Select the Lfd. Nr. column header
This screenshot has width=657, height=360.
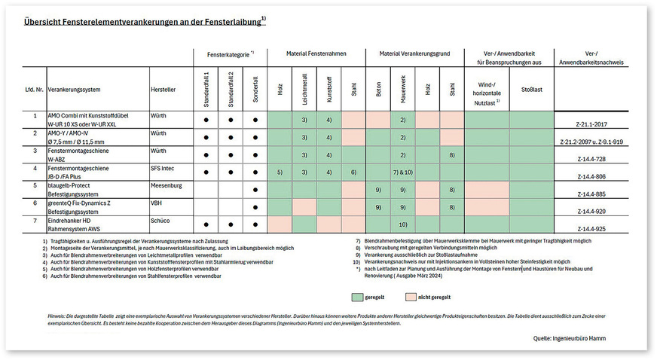33,89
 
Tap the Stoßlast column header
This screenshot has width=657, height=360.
532,89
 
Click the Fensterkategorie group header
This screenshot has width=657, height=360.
231,55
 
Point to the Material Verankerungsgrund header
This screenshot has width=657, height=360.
414,55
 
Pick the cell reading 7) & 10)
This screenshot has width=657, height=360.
403,173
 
